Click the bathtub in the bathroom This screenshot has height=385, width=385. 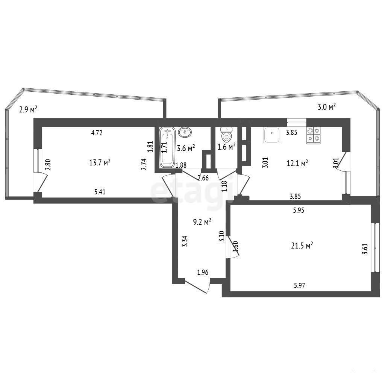pyautogui.click(x=167, y=147)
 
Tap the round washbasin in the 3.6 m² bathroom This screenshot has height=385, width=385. pyautogui.click(x=185, y=132)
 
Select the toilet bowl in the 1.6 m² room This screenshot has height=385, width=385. pyautogui.click(x=226, y=134)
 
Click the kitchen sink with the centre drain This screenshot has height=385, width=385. pyautogui.click(x=271, y=135)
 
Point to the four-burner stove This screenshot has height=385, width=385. pyautogui.click(x=314, y=135)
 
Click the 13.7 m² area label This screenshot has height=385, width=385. pyautogui.click(x=100, y=162)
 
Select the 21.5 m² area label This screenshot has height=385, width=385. pyautogui.click(x=302, y=245)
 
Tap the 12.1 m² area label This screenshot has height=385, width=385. pyautogui.click(x=297, y=163)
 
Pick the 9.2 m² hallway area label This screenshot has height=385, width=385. pyautogui.click(x=202, y=222)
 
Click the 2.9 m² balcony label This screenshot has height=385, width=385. pyautogui.click(x=28, y=109)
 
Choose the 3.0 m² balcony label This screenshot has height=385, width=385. pyautogui.click(x=327, y=107)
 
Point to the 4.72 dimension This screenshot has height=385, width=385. pyautogui.click(x=97, y=133)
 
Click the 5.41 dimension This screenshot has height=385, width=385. pyautogui.click(x=100, y=192)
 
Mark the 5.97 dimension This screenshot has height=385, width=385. pyautogui.click(x=299, y=285)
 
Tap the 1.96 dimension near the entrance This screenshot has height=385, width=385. pyautogui.click(x=203, y=272)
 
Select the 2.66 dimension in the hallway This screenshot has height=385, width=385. pyautogui.click(x=203, y=178)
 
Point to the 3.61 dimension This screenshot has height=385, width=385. pyautogui.click(x=365, y=249)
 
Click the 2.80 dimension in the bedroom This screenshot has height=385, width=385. pyautogui.click(x=48, y=165)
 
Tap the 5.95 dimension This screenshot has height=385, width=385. pyautogui.click(x=299, y=210)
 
